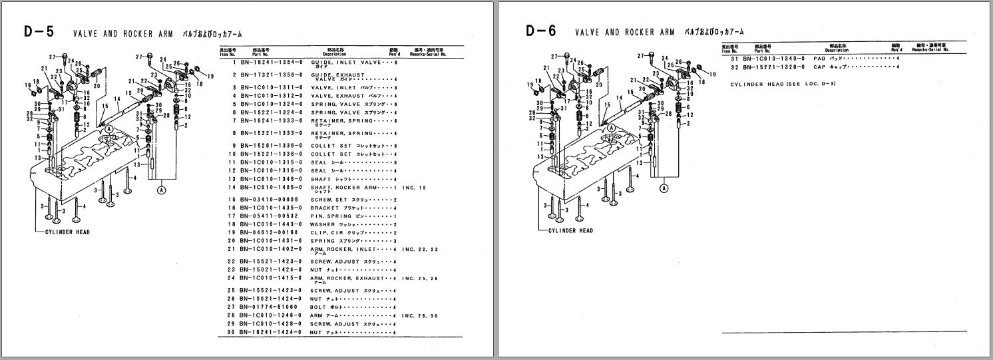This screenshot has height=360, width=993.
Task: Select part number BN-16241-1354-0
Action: click(267, 61)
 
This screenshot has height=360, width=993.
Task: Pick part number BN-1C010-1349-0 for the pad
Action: click(771, 59)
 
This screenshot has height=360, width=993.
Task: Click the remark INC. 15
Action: click(415, 189)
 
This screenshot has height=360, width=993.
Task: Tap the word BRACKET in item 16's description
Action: click(324, 208)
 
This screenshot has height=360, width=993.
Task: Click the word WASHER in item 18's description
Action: click(322, 224)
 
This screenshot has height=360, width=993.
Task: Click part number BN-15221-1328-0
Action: click(771, 67)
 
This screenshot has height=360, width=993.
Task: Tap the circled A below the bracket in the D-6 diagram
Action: click(664, 189)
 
